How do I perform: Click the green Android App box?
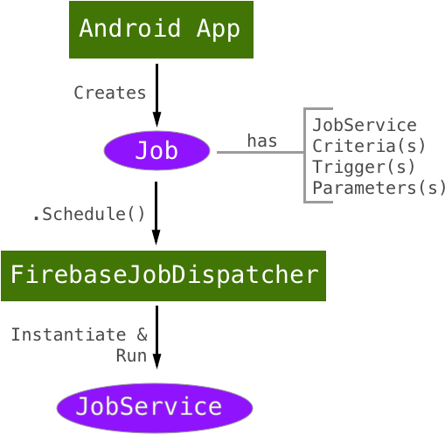(x=161, y=30)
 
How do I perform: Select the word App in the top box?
(x=218, y=30)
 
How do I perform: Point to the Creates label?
(x=109, y=93)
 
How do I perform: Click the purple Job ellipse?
(x=156, y=152)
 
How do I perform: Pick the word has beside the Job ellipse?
(x=261, y=141)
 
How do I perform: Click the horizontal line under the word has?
(x=260, y=153)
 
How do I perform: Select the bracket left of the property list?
(x=306, y=155)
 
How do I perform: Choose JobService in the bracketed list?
(x=364, y=125)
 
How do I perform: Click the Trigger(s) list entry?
(x=364, y=167)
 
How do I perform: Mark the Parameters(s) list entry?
(x=379, y=188)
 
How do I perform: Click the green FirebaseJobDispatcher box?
(x=163, y=276)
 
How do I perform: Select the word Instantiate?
(x=67, y=334)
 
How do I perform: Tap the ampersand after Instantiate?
(x=143, y=334)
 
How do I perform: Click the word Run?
(x=131, y=355)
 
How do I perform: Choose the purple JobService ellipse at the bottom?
(x=154, y=407)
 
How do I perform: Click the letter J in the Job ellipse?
(x=140, y=152)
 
